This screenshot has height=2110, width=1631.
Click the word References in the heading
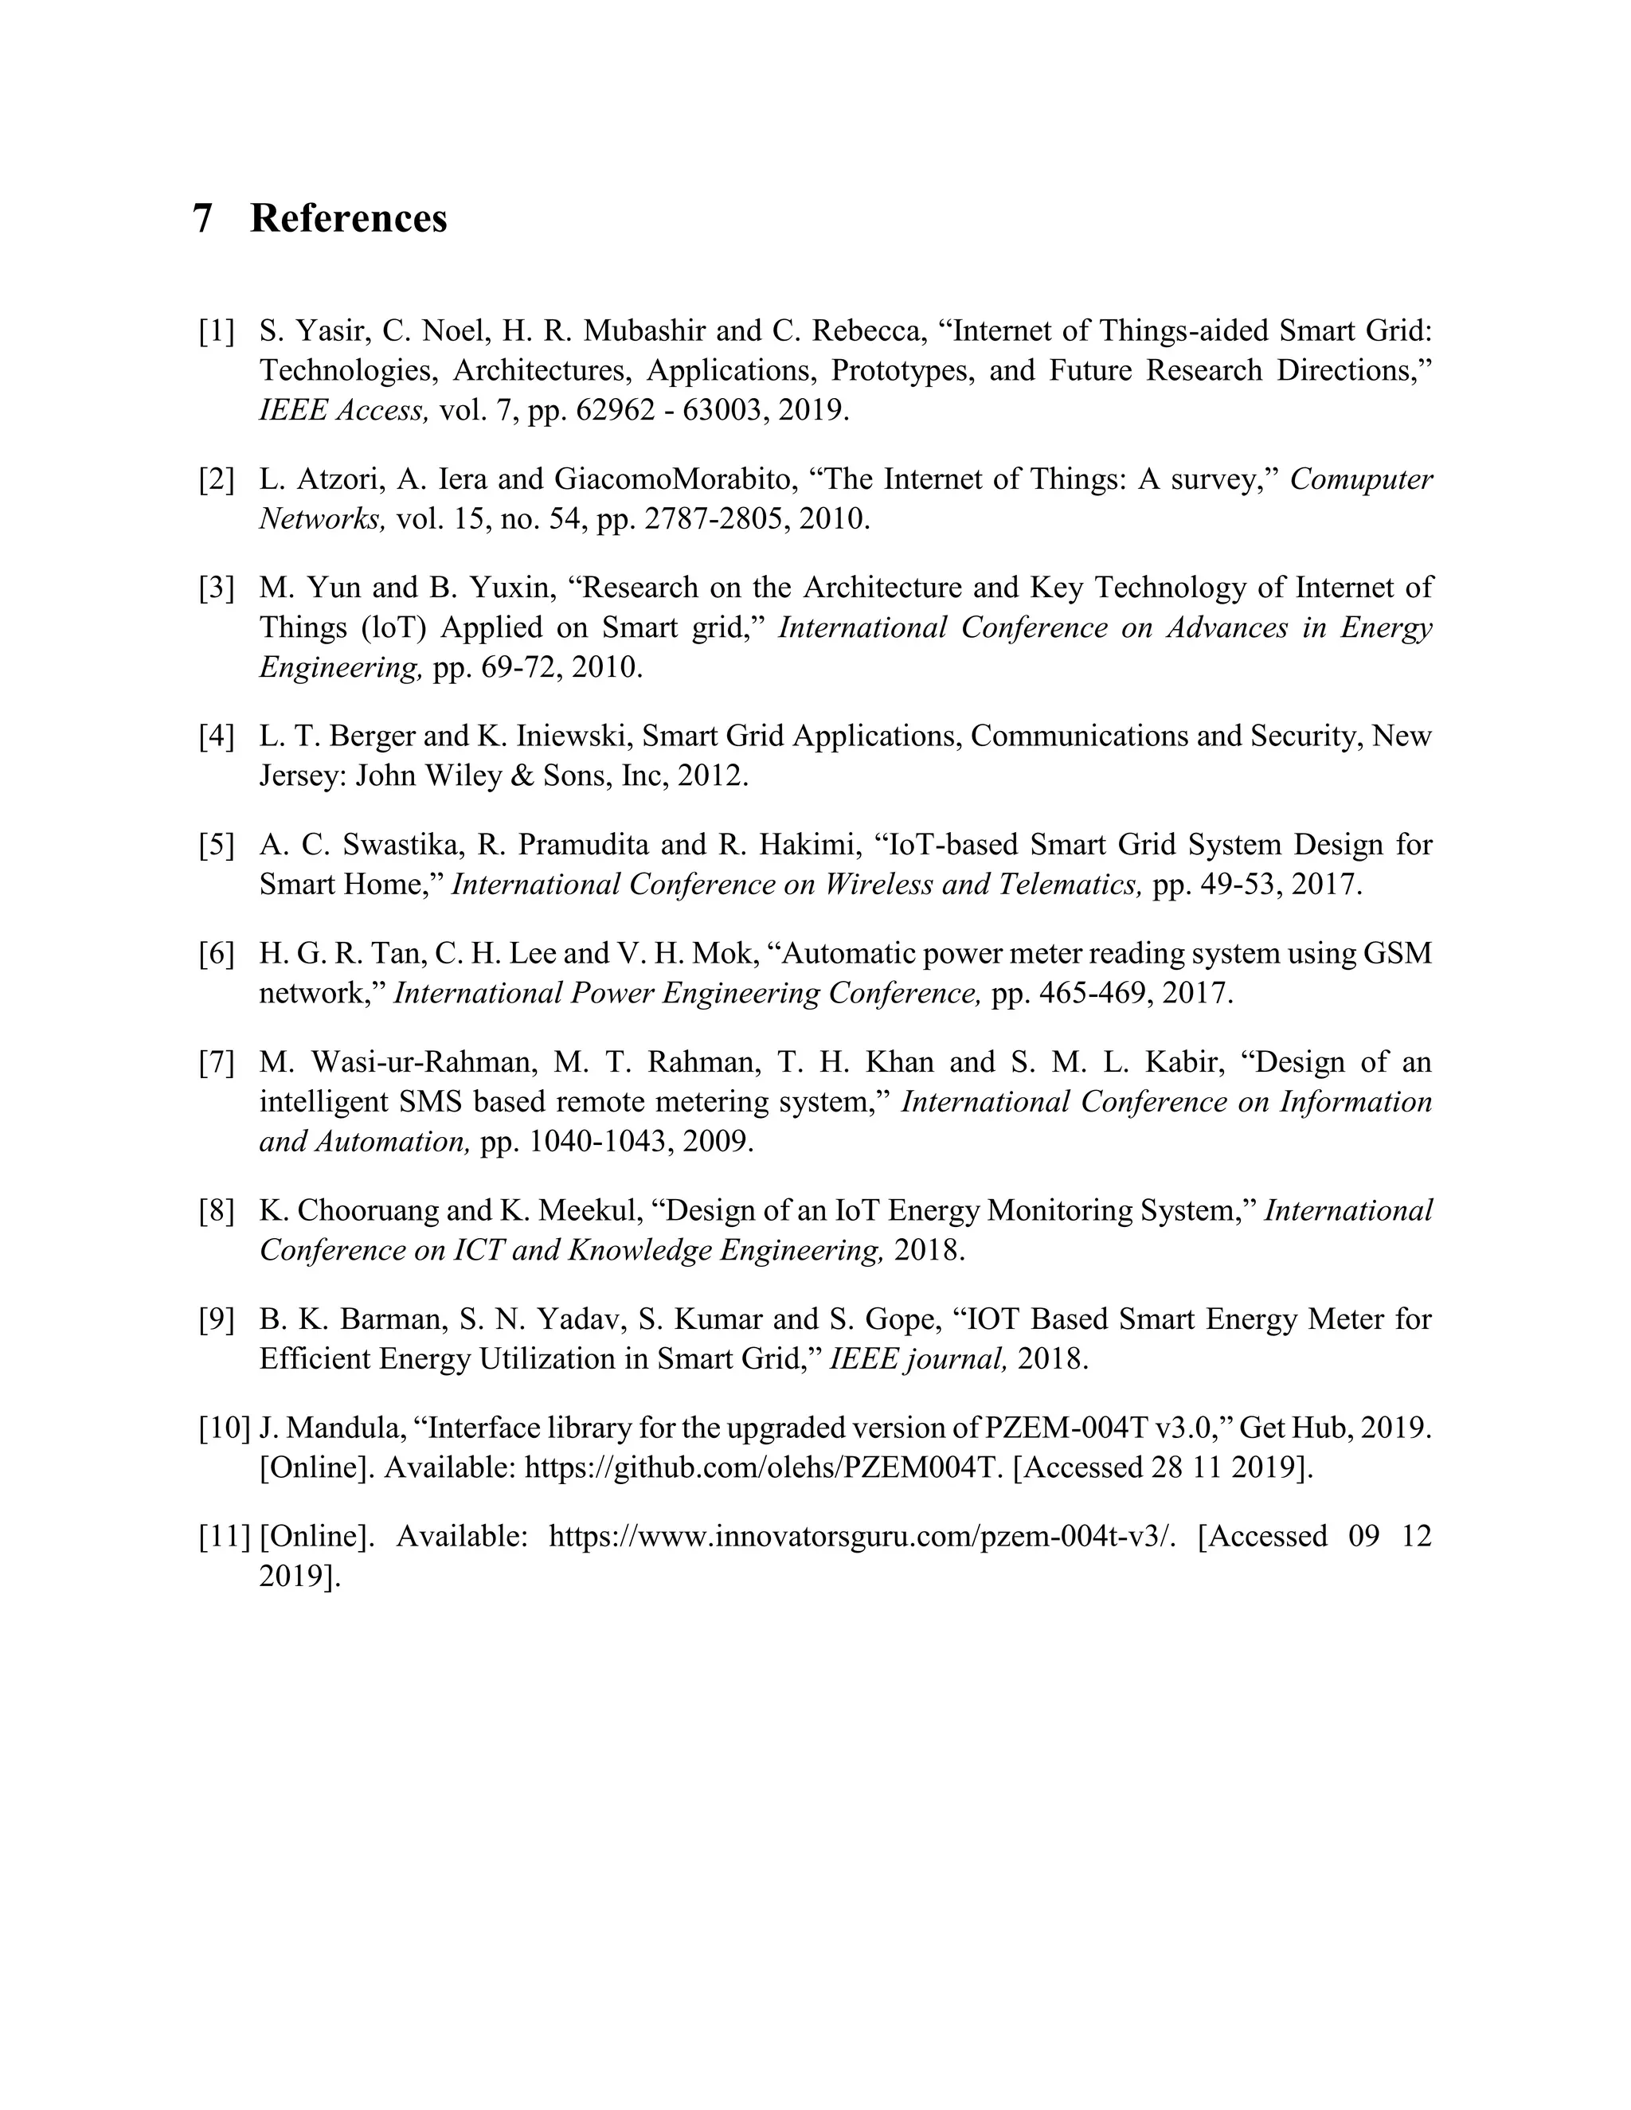[x=348, y=218]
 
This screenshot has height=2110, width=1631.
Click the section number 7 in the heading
[x=202, y=218]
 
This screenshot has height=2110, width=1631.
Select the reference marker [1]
[x=217, y=331]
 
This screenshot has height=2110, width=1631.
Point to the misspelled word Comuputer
[x=1360, y=479]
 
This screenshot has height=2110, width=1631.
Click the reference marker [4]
[x=217, y=737]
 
